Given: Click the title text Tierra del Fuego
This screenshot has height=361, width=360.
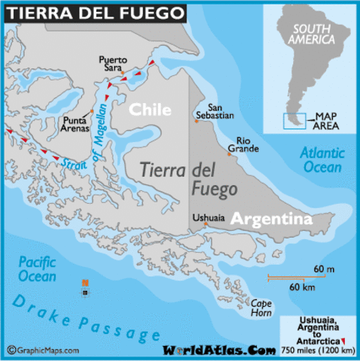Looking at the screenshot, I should (95, 12).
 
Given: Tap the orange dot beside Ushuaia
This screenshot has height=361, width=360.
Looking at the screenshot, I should (204, 223).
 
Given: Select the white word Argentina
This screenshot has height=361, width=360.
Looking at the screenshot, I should (271, 219).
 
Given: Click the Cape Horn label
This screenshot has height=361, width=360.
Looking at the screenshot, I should (262, 308).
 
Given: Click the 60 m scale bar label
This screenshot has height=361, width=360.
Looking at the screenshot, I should (324, 269).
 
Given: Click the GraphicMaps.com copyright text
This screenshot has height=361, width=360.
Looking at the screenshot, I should (47, 350).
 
